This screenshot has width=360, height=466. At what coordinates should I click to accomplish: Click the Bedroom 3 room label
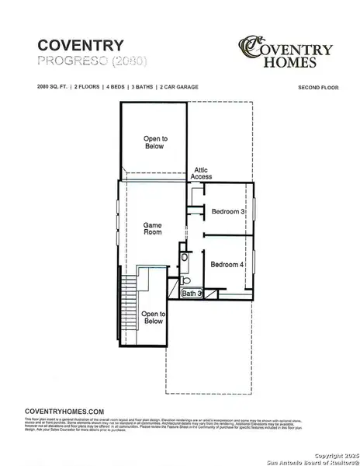click(x=228, y=211)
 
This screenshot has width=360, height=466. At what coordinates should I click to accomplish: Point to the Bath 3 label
click(x=192, y=294)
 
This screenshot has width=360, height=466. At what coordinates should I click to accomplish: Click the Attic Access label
click(x=202, y=173)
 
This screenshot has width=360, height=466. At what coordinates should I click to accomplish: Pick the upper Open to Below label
click(x=154, y=142)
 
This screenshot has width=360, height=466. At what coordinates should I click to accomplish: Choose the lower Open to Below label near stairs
click(x=153, y=317)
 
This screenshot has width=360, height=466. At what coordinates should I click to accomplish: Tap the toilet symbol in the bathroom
click(x=185, y=279)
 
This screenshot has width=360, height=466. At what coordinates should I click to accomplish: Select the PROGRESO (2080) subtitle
click(x=81, y=60)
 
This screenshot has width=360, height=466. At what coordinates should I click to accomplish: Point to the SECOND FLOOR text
click(x=317, y=89)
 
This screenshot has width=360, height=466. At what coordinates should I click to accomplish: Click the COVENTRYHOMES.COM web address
click(x=64, y=411)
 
